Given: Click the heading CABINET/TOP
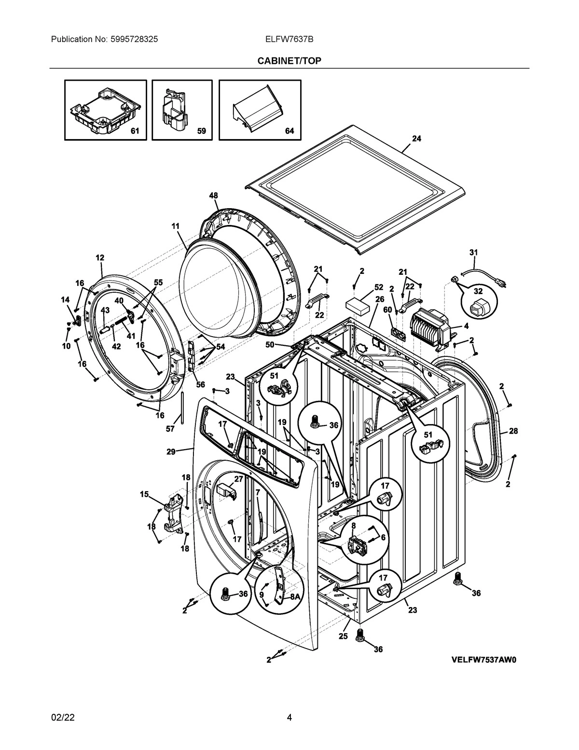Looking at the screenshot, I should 289,60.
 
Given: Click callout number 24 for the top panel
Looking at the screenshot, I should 416,139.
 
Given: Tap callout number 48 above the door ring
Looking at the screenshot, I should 213,196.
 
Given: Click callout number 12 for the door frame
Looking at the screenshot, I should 100,258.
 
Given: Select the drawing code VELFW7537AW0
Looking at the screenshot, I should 483,660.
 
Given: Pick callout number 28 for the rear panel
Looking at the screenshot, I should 513,431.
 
